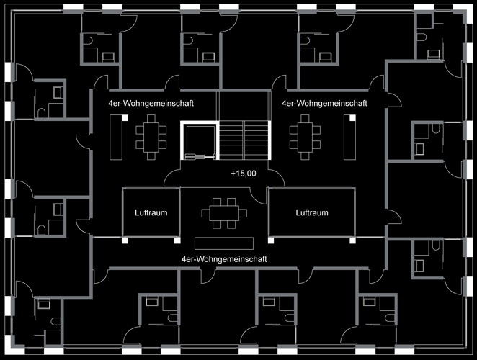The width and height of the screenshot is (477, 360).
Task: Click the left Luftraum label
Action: pos(151,212)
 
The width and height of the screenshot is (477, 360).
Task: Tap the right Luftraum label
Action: pos(312,212)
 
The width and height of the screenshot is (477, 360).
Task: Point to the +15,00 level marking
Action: pos(244,174)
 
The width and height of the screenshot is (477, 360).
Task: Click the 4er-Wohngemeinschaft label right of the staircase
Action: pos(324,103)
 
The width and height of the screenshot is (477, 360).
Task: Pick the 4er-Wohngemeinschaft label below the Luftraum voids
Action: pos(224,257)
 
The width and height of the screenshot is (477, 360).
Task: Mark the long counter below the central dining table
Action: pos(224,241)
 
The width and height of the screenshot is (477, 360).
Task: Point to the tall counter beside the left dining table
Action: pos(114,138)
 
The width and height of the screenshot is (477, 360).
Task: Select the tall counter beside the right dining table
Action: pos(351,138)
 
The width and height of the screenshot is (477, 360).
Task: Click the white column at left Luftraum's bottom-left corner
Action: pos(125,239)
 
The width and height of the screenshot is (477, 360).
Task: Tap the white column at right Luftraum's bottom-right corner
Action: pos(353,239)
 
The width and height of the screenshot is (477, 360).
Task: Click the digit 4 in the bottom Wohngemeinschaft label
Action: pos(184,257)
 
